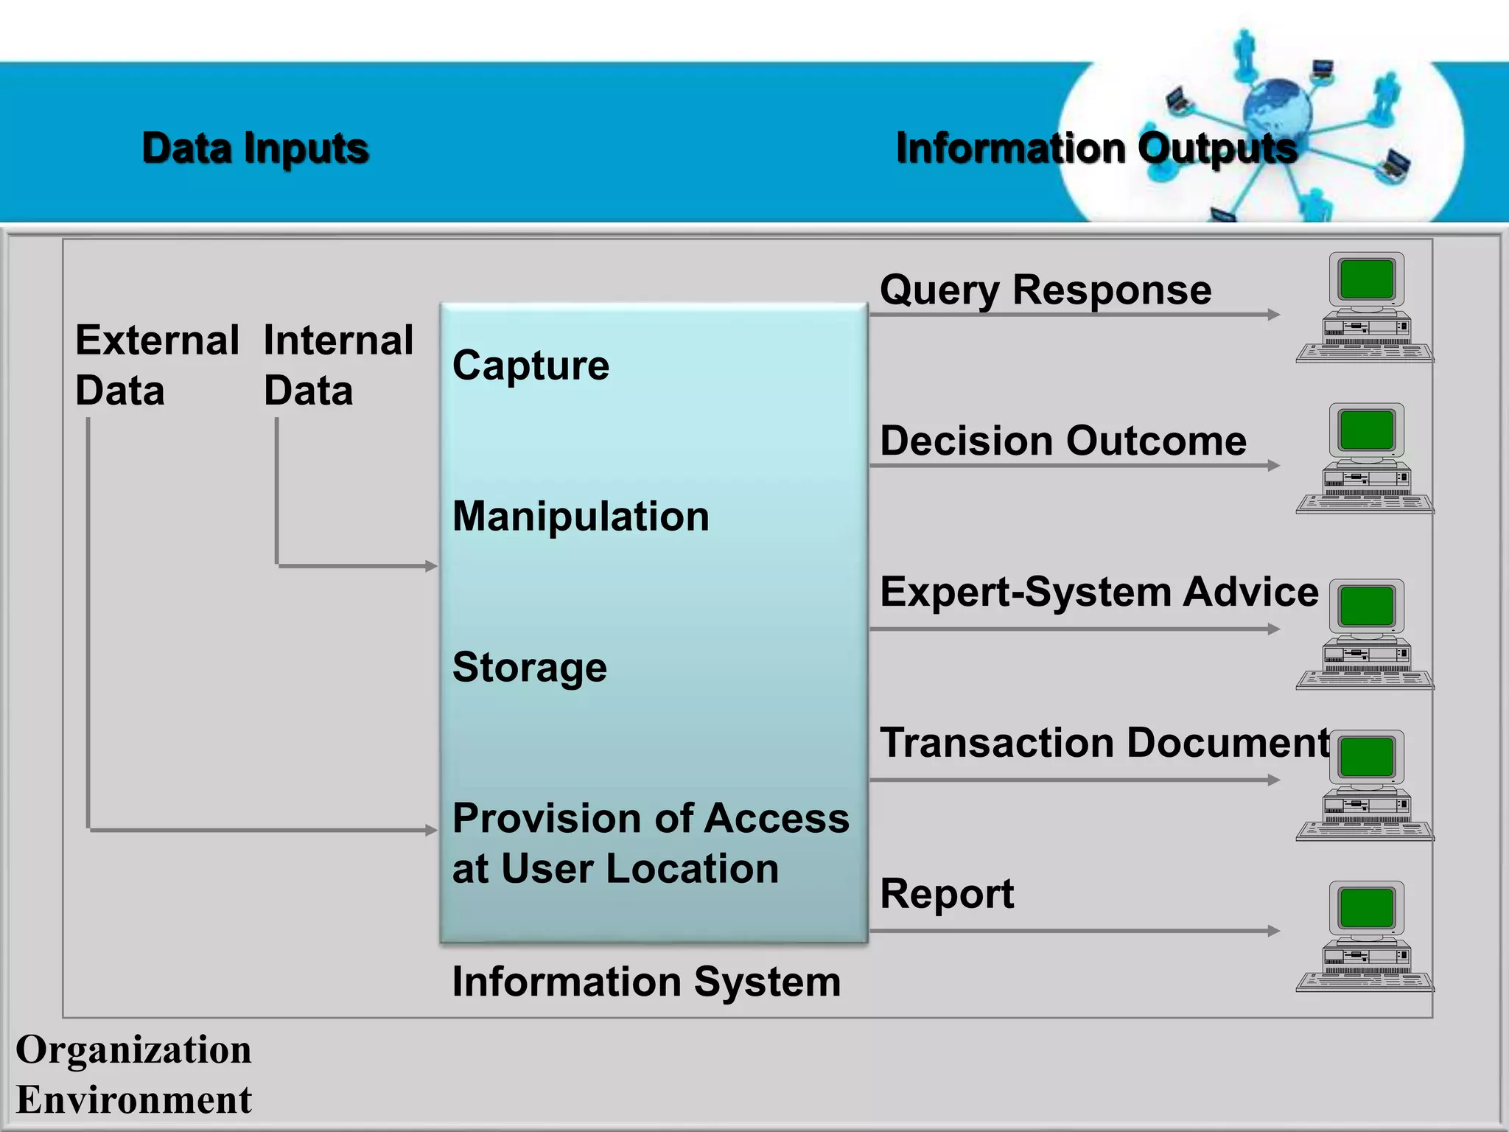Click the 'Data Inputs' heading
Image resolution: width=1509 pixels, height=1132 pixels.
coord(255,148)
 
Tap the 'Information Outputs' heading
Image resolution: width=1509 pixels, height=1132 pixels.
coord(1096,148)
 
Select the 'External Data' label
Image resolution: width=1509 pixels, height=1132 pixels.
coord(156,365)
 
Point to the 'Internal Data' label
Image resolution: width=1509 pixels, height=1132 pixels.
coord(337,365)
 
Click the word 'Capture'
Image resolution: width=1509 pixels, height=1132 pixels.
coord(531,366)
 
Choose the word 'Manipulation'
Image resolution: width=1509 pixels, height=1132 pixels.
coord(581,516)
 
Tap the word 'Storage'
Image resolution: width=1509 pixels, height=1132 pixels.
coord(529,667)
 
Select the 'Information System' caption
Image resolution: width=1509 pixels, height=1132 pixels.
coord(646,982)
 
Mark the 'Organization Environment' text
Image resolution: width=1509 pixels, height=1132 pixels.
coord(133,1074)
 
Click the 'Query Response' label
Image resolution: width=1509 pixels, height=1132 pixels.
coord(1045,290)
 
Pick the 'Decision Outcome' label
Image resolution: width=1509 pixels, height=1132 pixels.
coord(1062,441)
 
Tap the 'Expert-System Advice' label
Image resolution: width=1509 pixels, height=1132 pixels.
coord(1099,592)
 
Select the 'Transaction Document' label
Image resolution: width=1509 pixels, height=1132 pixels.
coord(1104,742)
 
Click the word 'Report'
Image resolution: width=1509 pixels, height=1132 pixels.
coord(946,894)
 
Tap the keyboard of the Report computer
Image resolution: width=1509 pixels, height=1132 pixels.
coord(1365,982)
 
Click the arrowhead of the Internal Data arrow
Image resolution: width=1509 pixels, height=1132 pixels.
coord(432,566)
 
